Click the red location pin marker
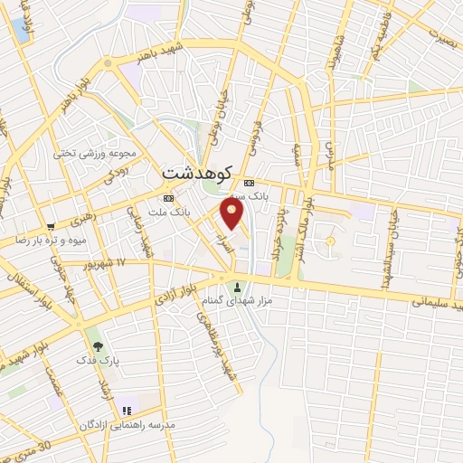click(x=232, y=213)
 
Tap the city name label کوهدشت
click(x=198, y=172)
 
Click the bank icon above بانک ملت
click(x=168, y=198)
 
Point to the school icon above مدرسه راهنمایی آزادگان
click(x=126, y=411)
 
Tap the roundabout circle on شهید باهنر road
click(x=108, y=63)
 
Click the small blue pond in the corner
click(x=19, y=28)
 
